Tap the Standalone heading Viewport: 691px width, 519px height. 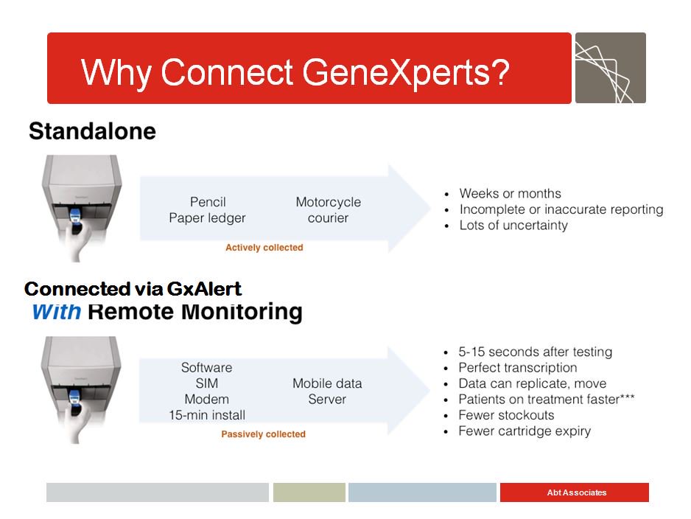(92, 131)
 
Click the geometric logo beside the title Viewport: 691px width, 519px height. (610, 68)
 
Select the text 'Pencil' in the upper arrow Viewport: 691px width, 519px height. (208, 202)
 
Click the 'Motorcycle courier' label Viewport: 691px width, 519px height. (328, 210)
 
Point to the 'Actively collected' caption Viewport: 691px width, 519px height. (264, 248)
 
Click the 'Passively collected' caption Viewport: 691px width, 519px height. (263, 434)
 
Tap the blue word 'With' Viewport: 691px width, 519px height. (56, 311)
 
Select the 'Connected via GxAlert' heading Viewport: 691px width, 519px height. (133, 288)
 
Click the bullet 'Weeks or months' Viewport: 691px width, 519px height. (510, 194)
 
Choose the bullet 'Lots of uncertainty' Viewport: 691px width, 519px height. (513, 226)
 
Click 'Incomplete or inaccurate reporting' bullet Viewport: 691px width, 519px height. (561, 209)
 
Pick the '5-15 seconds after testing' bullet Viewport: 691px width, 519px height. (535, 352)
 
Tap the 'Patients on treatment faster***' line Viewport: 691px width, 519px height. (546, 400)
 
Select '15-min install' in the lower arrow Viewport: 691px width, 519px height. (207, 415)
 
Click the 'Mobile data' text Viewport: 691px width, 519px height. (327, 383)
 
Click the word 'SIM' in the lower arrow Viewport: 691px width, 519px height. (207, 383)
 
